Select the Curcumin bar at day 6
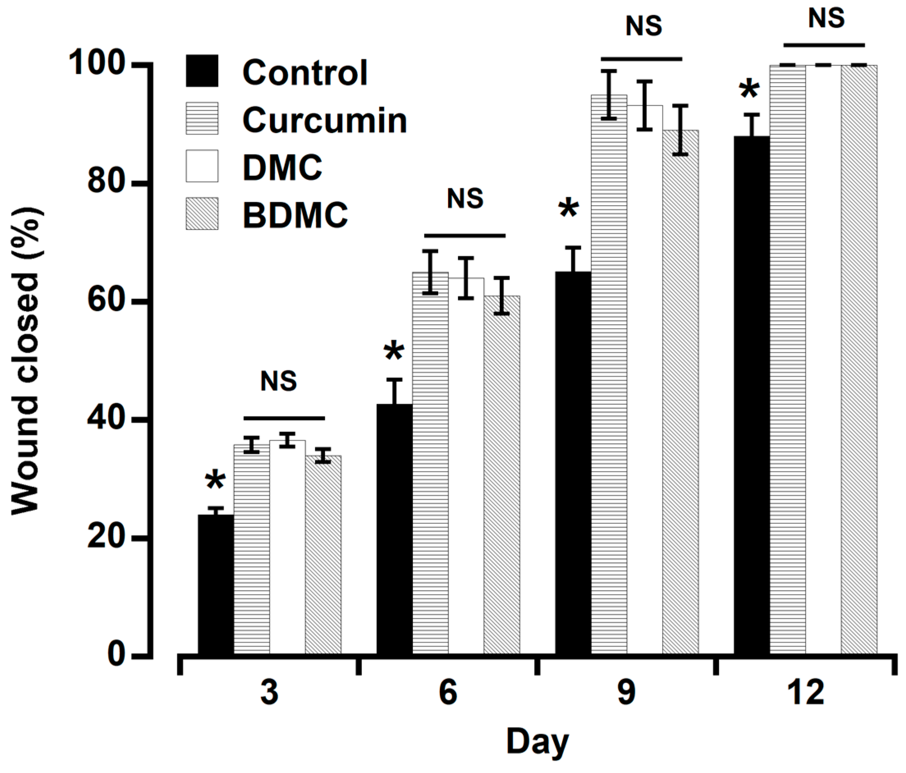[430, 464]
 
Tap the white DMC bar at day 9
[645, 380]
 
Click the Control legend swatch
[202, 71]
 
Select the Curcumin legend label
[325, 120]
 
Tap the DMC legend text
[282, 167]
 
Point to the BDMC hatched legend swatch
[202, 214]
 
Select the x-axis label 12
[805, 693]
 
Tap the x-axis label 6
[448, 693]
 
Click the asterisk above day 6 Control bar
[394, 352]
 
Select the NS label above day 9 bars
[644, 26]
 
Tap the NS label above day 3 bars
[279, 381]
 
